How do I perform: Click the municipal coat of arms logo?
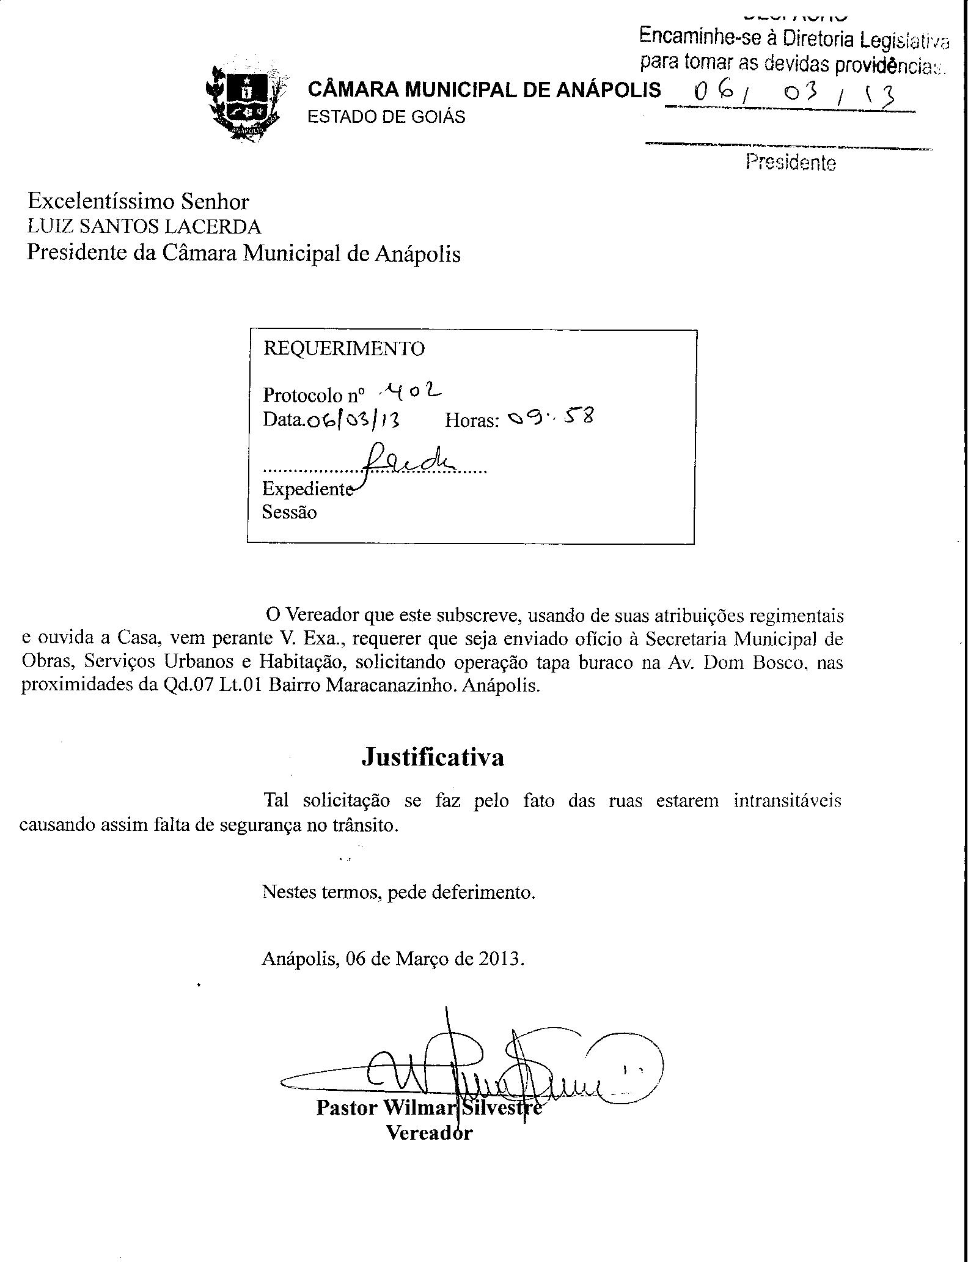245,100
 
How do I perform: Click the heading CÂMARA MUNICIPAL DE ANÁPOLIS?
484,90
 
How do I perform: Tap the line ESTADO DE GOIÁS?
386,116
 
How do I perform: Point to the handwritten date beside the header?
794,93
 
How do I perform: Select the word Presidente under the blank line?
790,162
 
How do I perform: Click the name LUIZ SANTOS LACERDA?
144,227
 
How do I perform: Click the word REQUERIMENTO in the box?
343,349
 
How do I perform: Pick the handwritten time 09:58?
550,418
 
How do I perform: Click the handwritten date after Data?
353,420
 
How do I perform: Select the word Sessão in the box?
290,512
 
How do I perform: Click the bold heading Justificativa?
433,757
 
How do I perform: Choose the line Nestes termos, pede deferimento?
398,892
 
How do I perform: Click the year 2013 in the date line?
501,958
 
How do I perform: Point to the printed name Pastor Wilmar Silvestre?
428,1108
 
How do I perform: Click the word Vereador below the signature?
429,1132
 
